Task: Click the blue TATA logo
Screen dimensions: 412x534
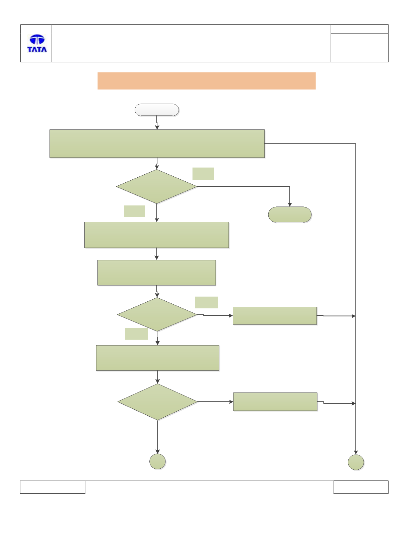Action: [x=37, y=43]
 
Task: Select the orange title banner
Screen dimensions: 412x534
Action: [x=206, y=81]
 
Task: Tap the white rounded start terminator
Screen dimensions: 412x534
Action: [x=157, y=110]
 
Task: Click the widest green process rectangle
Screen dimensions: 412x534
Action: [x=157, y=143]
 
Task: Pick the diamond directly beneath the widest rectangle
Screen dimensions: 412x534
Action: [x=157, y=186]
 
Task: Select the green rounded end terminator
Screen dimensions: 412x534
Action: [x=290, y=215]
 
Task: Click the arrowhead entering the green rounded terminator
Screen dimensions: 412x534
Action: [x=290, y=205]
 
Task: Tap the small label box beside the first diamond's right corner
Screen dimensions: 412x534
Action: [x=203, y=174]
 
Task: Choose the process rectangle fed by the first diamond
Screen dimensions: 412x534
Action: [x=157, y=235]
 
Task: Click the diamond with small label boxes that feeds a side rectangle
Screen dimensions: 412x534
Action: [x=157, y=314]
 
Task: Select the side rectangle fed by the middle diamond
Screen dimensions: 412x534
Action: [x=275, y=315]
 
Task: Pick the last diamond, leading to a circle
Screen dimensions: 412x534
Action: [x=158, y=402]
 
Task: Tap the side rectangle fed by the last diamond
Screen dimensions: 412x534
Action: [x=275, y=402]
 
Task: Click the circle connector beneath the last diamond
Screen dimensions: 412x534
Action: [x=157, y=462]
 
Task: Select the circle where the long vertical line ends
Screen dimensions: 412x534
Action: [x=356, y=462]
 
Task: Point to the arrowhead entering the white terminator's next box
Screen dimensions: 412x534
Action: [x=157, y=127]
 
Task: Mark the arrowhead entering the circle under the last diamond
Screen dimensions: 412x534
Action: [x=158, y=452]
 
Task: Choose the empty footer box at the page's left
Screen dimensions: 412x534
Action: [x=53, y=487]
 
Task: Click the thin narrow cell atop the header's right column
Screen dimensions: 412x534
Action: [x=359, y=29]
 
